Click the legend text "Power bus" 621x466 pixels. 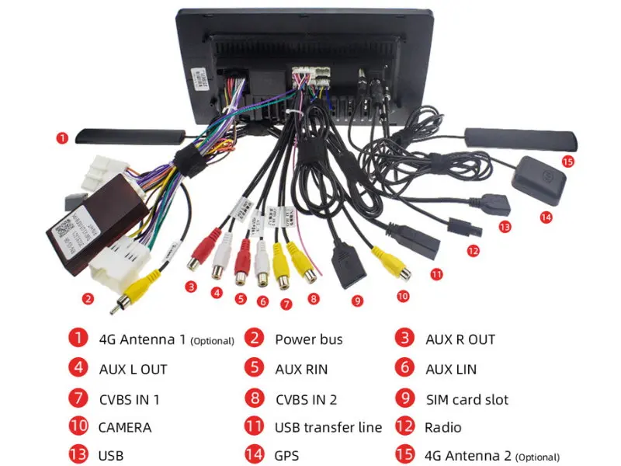[x=308, y=339]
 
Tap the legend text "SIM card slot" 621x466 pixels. [x=467, y=399]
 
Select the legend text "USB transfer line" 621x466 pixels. [x=328, y=427]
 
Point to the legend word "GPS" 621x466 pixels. [x=286, y=456]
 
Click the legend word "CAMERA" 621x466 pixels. [x=124, y=427]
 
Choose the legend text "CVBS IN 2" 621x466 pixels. [x=306, y=399]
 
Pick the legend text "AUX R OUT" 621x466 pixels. [x=460, y=339]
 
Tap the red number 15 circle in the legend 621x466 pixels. [x=404, y=456]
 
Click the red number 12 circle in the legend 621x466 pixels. [x=404, y=427]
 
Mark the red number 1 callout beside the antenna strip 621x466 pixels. [x=62, y=137]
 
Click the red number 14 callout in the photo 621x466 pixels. [x=546, y=217]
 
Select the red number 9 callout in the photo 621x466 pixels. [x=356, y=301]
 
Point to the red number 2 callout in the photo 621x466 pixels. [x=88, y=298]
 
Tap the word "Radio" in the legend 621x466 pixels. [x=442, y=427]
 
